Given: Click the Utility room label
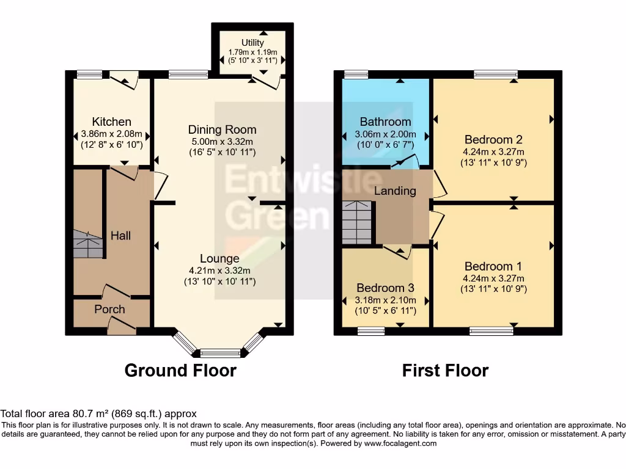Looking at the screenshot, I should (252, 43).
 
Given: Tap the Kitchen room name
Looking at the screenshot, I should (111, 122).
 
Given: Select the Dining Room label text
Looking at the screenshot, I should (222, 129).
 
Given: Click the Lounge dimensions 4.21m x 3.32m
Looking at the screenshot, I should (219, 271).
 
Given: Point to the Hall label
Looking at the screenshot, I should (120, 235).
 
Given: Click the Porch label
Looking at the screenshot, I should (109, 309).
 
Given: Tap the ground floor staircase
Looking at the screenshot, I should (87, 244).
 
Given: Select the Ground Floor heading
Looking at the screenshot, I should (180, 370).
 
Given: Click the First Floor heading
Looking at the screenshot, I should (445, 370).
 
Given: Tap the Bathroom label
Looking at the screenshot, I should (385, 122).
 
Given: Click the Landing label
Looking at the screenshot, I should (395, 191).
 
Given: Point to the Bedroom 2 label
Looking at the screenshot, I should (493, 139).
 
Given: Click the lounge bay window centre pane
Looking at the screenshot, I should (221, 353).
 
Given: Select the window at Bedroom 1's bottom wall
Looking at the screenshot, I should (491, 331).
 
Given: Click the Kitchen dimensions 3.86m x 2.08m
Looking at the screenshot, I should (111, 134).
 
